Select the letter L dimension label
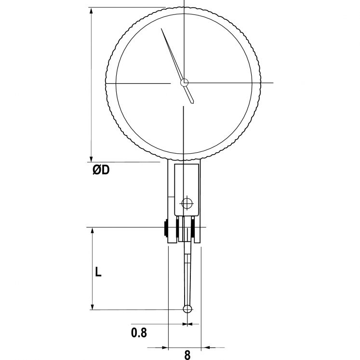[x=98, y=272]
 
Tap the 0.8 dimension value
[x=139, y=332]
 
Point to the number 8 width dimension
[x=187, y=355]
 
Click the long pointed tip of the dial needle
[x=163, y=30]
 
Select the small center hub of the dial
[x=184, y=83]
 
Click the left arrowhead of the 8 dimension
[x=164, y=347]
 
